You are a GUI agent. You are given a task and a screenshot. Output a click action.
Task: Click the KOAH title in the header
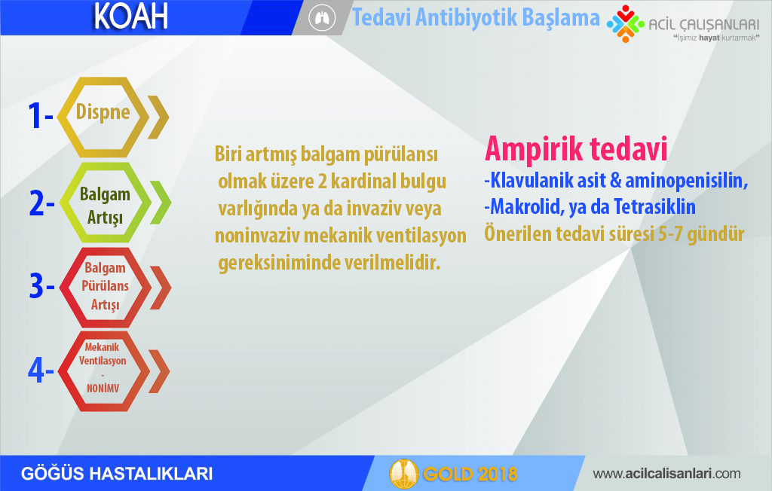tap(130, 17)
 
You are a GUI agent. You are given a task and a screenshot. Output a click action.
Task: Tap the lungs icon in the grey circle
tap(321, 18)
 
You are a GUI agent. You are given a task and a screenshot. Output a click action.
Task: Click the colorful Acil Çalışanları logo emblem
tap(625, 23)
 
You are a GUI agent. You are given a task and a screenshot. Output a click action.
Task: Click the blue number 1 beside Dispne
tap(35, 116)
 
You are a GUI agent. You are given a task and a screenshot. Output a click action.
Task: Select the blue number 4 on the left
tap(36, 370)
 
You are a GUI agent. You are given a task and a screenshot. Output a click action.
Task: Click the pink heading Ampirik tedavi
tap(576, 148)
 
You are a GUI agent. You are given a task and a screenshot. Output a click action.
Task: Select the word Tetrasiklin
tap(654, 206)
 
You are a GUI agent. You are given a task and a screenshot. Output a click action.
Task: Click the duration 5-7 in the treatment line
tap(670, 233)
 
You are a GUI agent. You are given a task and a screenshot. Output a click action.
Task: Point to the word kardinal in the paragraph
tap(363, 181)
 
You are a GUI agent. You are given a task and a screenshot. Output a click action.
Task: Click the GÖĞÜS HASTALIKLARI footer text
tap(117, 473)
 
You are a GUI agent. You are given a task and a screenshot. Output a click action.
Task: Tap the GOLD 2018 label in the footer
tap(470, 474)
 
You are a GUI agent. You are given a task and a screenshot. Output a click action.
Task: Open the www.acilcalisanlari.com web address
tap(666, 474)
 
